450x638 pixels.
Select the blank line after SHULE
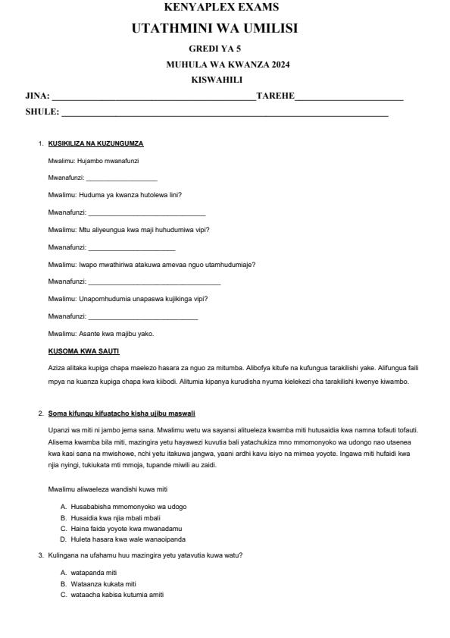click(224, 114)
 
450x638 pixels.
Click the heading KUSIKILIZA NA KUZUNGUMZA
click(95, 143)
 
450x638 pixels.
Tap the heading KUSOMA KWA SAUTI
click(83, 350)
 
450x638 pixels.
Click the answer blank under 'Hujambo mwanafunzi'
click(122, 178)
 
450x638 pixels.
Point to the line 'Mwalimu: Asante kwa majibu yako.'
click(102, 334)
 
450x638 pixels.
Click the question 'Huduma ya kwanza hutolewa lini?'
click(114, 194)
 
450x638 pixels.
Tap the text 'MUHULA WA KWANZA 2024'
click(227, 64)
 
